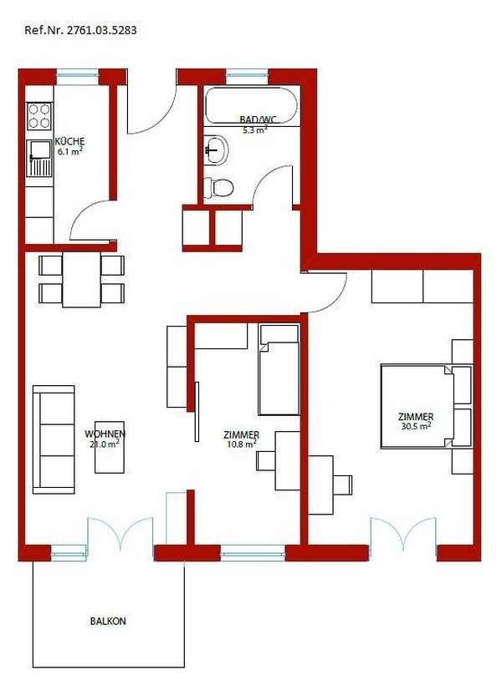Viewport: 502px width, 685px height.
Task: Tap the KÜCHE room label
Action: (69, 141)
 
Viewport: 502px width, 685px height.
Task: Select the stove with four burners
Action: (38, 115)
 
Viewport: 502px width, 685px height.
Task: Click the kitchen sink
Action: (38, 160)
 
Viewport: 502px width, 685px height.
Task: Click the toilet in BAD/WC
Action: (221, 187)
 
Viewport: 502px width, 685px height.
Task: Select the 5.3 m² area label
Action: (254, 130)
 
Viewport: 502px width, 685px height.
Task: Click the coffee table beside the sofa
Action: (110, 447)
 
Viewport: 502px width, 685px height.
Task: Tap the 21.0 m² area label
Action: (105, 444)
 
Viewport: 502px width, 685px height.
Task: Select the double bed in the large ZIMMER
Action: (417, 404)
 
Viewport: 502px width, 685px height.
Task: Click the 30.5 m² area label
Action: (416, 426)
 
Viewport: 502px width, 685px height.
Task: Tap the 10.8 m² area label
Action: (241, 445)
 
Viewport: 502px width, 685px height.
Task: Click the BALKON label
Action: (108, 622)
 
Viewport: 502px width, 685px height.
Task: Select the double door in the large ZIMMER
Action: (403, 535)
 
